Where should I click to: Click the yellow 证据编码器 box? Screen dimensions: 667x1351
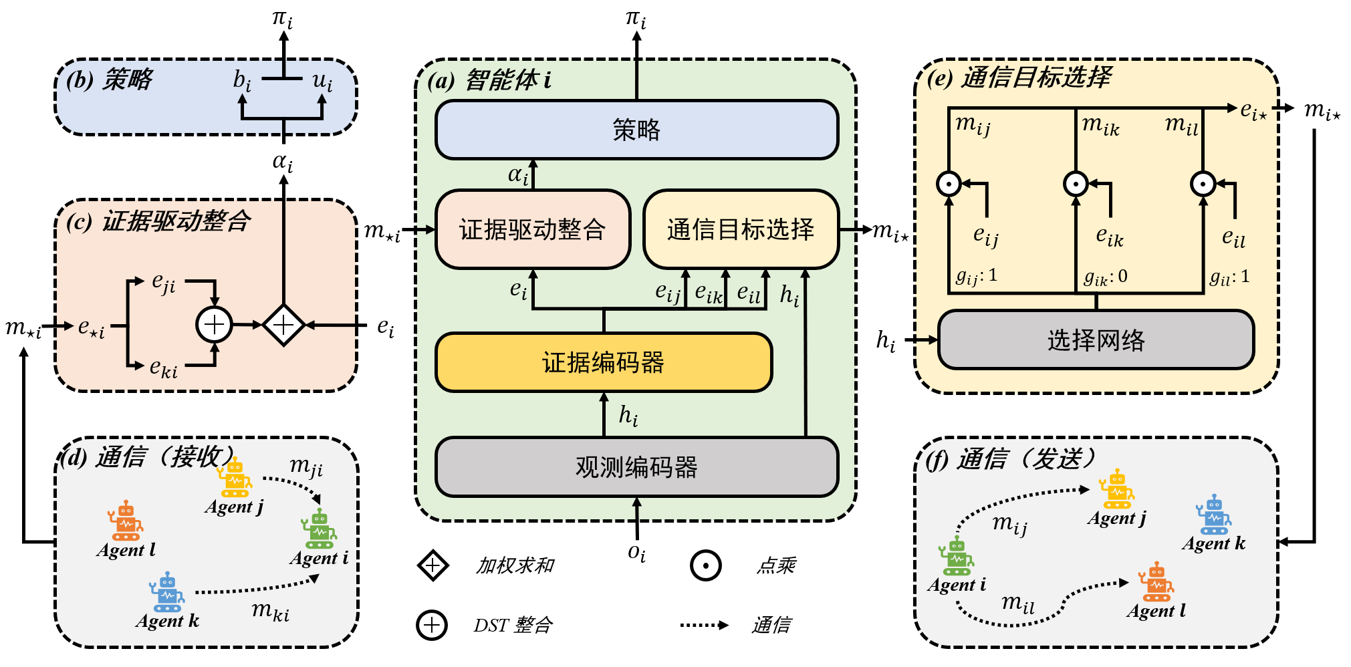(604, 362)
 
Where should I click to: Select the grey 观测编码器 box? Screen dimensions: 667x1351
(636, 467)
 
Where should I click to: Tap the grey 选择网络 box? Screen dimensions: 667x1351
(1096, 340)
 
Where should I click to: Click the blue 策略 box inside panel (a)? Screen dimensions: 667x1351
(636, 130)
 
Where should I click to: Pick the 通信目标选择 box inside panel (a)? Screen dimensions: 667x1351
(741, 229)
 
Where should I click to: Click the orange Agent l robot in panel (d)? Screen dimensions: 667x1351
(126, 521)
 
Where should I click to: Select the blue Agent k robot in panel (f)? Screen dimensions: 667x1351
(1214, 515)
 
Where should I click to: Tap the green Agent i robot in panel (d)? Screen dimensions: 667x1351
(320, 529)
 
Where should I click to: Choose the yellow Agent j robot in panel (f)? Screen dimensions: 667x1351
(1117, 489)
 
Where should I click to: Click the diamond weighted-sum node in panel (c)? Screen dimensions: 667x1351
(283, 325)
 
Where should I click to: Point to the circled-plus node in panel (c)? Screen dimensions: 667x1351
(214, 325)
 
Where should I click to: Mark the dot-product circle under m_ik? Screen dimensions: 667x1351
(1076, 184)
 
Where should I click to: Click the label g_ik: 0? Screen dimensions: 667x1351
(1106, 277)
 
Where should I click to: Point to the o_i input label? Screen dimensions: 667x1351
(636, 553)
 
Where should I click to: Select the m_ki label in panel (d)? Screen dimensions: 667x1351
(271, 610)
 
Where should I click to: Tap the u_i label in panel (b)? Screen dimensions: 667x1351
(322, 81)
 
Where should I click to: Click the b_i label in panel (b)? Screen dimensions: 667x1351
(242, 81)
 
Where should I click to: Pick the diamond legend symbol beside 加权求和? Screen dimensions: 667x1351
(433, 565)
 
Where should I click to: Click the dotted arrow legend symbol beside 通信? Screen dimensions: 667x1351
(704, 625)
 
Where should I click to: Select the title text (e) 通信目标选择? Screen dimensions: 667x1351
(1019, 78)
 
